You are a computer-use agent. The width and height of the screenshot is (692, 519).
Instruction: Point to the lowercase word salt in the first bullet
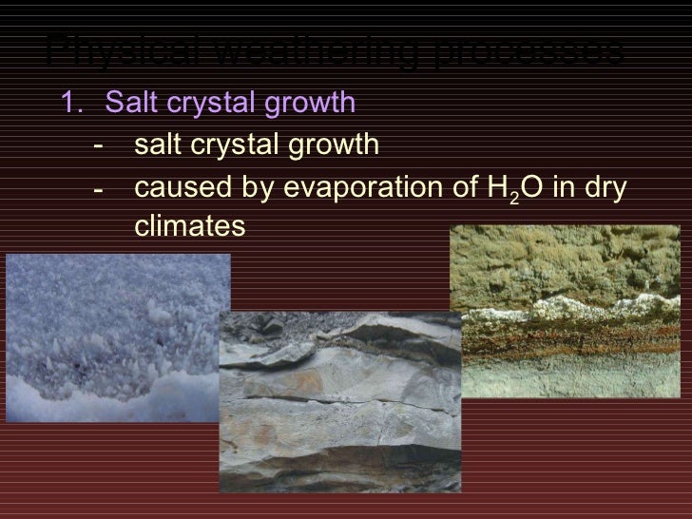(x=157, y=145)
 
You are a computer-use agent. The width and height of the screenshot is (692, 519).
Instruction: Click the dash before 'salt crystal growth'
(x=99, y=146)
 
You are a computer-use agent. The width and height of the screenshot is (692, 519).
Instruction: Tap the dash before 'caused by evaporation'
(x=99, y=189)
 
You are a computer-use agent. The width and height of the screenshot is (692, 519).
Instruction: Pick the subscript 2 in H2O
(x=514, y=196)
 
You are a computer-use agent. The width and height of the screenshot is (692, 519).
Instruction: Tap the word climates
(x=190, y=227)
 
